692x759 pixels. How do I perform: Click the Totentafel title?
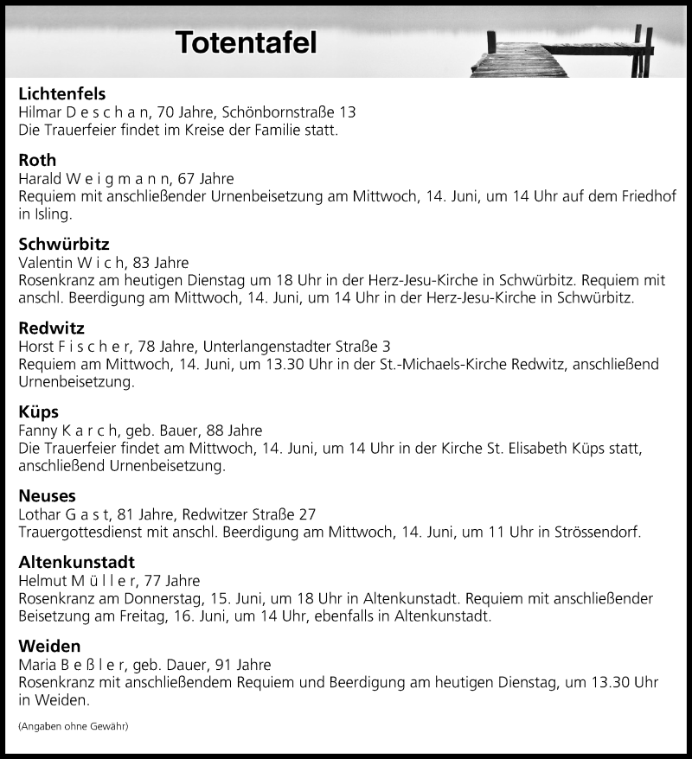pos(247,42)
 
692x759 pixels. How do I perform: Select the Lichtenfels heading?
pos(61,94)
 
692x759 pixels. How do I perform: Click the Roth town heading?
pos(37,160)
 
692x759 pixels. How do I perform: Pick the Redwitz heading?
pos(51,327)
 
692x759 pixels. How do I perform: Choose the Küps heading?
pos(39,411)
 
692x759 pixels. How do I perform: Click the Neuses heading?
pos(47,495)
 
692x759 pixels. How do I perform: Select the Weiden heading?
pos(49,646)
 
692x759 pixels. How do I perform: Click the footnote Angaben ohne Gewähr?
pos(74,726)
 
